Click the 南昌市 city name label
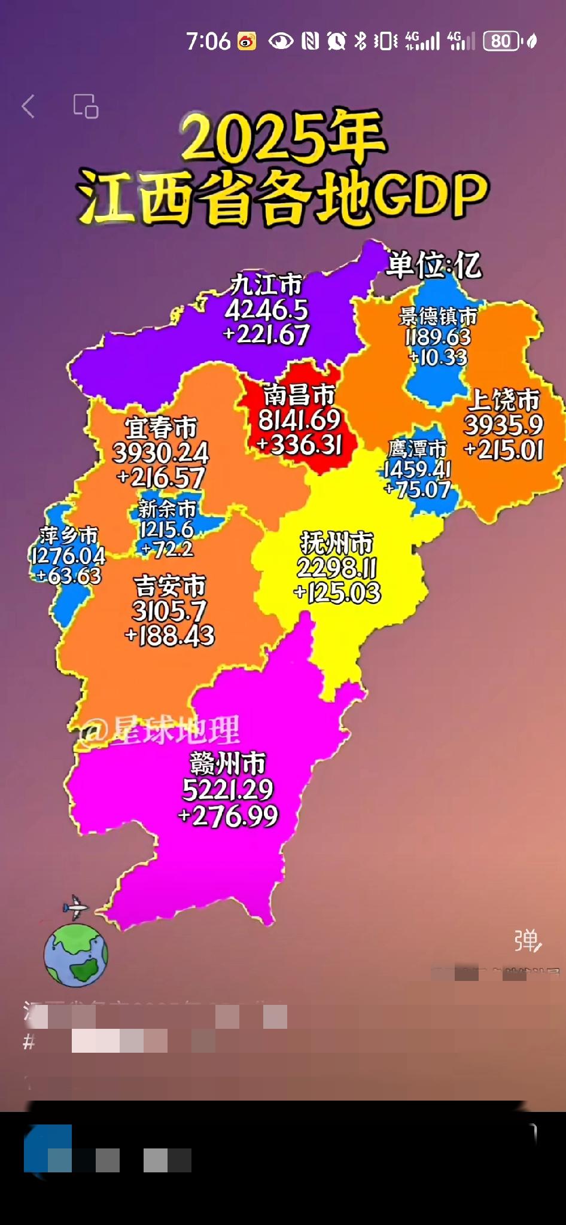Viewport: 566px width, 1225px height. coord(299,395)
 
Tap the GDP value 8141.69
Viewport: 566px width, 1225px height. coord(299,420)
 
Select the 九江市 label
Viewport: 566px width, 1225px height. coord(267,285)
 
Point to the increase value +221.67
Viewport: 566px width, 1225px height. coord(267,334)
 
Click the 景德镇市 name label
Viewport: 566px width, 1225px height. coord(438,316)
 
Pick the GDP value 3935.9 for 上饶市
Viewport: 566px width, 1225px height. coord(504,425)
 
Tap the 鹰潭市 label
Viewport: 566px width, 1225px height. coord(418,449)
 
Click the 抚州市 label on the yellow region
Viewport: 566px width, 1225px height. coord(337,543)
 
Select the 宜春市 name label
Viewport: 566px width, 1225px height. coord(161,428)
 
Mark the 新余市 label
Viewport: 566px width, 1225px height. coord(167,509)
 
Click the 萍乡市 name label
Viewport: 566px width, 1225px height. coord(69,535)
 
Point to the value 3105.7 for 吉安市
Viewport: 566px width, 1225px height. coord(169,611)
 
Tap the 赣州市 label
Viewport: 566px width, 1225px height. coord(227,764)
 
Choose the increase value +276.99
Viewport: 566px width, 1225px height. coord(228,816)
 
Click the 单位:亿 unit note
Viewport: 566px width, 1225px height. coord(433,265)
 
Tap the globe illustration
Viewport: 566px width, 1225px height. coord(76,955)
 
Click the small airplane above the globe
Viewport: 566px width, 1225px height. coord(76,907)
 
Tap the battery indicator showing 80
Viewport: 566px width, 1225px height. coord(501,41)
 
